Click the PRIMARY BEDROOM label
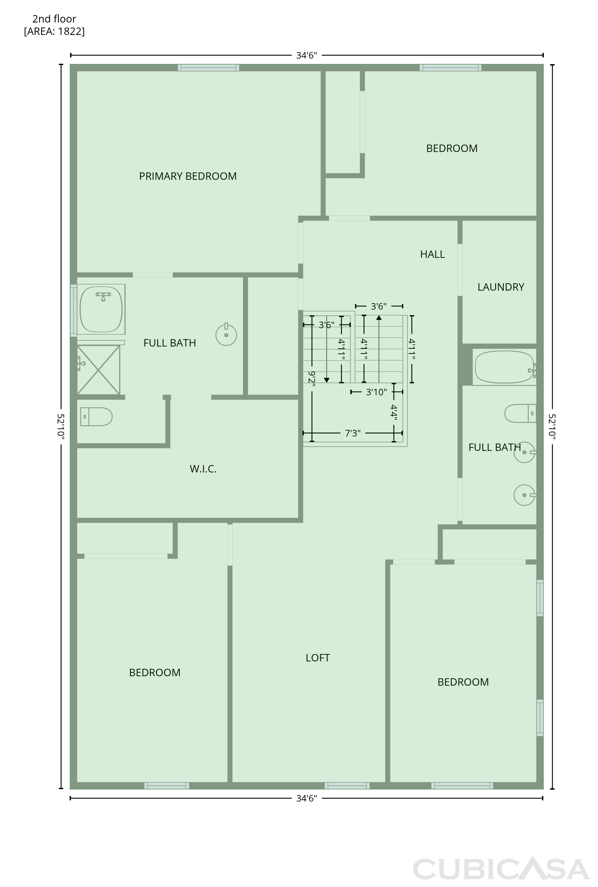tap(188, 176)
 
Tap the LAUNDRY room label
tap(501, 287)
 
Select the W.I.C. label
tap(203, 469)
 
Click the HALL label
tap(432, 254)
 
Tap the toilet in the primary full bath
tap(96, 416)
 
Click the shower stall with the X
tap(98, 370)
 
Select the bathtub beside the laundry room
tap(504, 367)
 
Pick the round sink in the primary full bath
tap(226, 334)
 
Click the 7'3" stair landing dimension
tap(352, 433)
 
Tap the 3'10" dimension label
tap(376, 392)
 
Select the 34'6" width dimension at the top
tap(307, 55)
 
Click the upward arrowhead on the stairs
tap(379, 317)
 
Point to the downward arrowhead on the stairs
tap(326, 380)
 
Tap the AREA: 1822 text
tap(54, 31)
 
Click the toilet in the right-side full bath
tap(520, 413)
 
